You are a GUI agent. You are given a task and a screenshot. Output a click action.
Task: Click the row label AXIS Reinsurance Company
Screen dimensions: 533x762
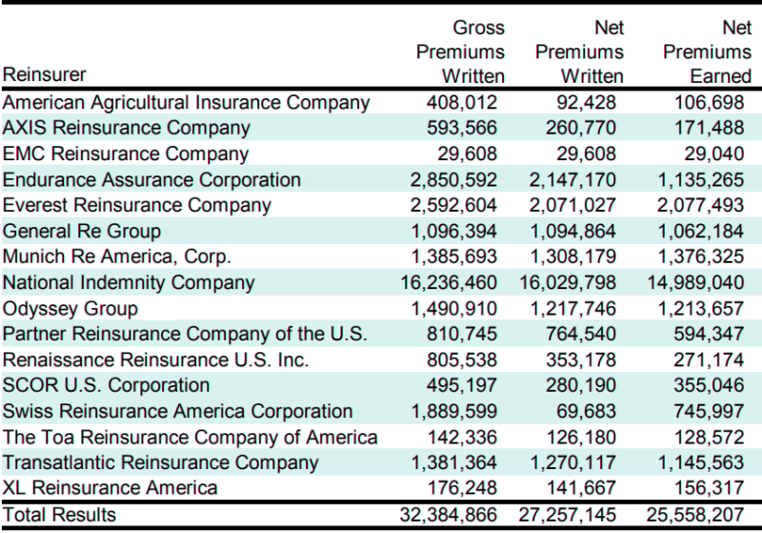tap(128, 128)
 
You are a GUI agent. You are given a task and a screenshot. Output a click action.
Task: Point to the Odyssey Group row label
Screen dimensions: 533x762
tap(70, 308)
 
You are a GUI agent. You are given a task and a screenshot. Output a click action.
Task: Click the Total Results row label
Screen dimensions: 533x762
tap(59, 515)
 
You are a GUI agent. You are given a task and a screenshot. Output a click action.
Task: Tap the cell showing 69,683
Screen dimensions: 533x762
tap(594, 411)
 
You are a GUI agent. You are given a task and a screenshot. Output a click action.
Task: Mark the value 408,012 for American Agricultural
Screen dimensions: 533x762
tap(471, 102)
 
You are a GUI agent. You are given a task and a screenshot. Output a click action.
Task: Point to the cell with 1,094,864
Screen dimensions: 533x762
tap(577, 231)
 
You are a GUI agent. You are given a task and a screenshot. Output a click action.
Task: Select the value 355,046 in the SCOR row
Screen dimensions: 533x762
tap(714, 385)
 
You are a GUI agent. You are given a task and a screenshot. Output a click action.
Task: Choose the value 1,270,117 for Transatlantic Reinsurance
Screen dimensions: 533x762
tap(577, 462)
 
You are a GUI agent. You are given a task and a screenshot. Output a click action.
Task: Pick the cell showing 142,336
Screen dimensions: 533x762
tap(471, 437)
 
